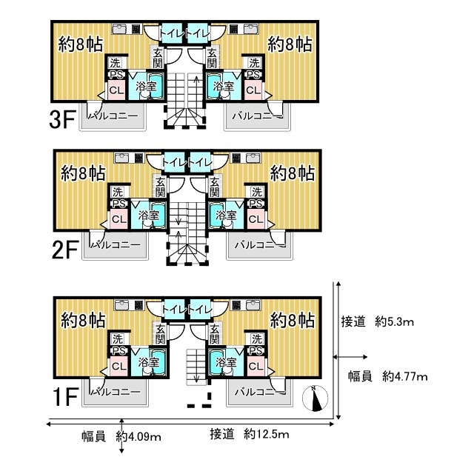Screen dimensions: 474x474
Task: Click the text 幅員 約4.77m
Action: click(x=388, y=376)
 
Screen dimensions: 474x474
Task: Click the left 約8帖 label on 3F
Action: click(x=81, y=44)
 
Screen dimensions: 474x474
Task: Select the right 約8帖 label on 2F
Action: click(x=293, y=173)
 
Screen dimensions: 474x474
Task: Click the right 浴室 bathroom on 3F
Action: click(x=222, y=85)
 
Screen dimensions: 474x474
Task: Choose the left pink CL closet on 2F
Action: click(x=118, y=218)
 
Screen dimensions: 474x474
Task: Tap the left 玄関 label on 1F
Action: click(x=159, y=334)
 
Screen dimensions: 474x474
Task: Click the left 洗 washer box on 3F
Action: click(x=116, y=62)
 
